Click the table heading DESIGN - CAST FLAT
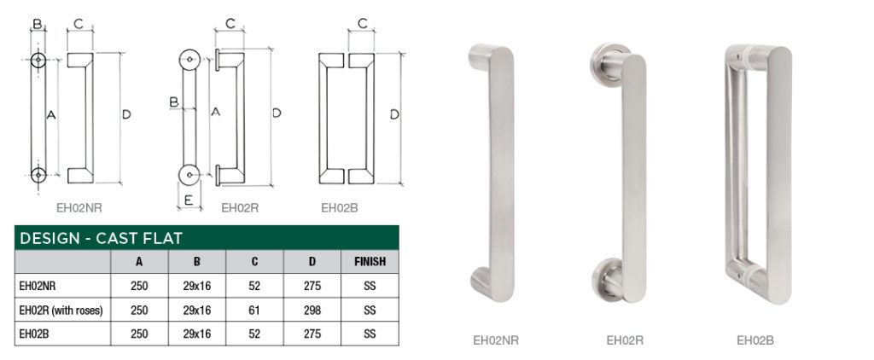pyautogui.click(x=101, y=238)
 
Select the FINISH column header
pyautogui.click(x=370, y=262)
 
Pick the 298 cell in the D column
pyautogui.click(x=312, y=311)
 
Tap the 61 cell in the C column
pyautogui.click(x=255, y=311)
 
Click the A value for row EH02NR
pyautogui.click(x=139, y=287)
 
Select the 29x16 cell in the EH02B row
pyautogui.click(x=197, y=334)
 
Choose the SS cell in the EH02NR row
pyautogui.click(x=370, y=287)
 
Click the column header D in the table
pyautogui.click(x=312, y=262)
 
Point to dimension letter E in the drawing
pyautogui.click(x=189, y=201)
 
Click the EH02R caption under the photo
pyautogui.click(x=625, y=340)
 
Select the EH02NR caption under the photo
pyautogui.click(x=496, y=340)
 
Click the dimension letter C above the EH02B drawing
pyautogui.click(x=362, y=24)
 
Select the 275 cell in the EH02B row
pyautogui.click(x=312, y=334)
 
